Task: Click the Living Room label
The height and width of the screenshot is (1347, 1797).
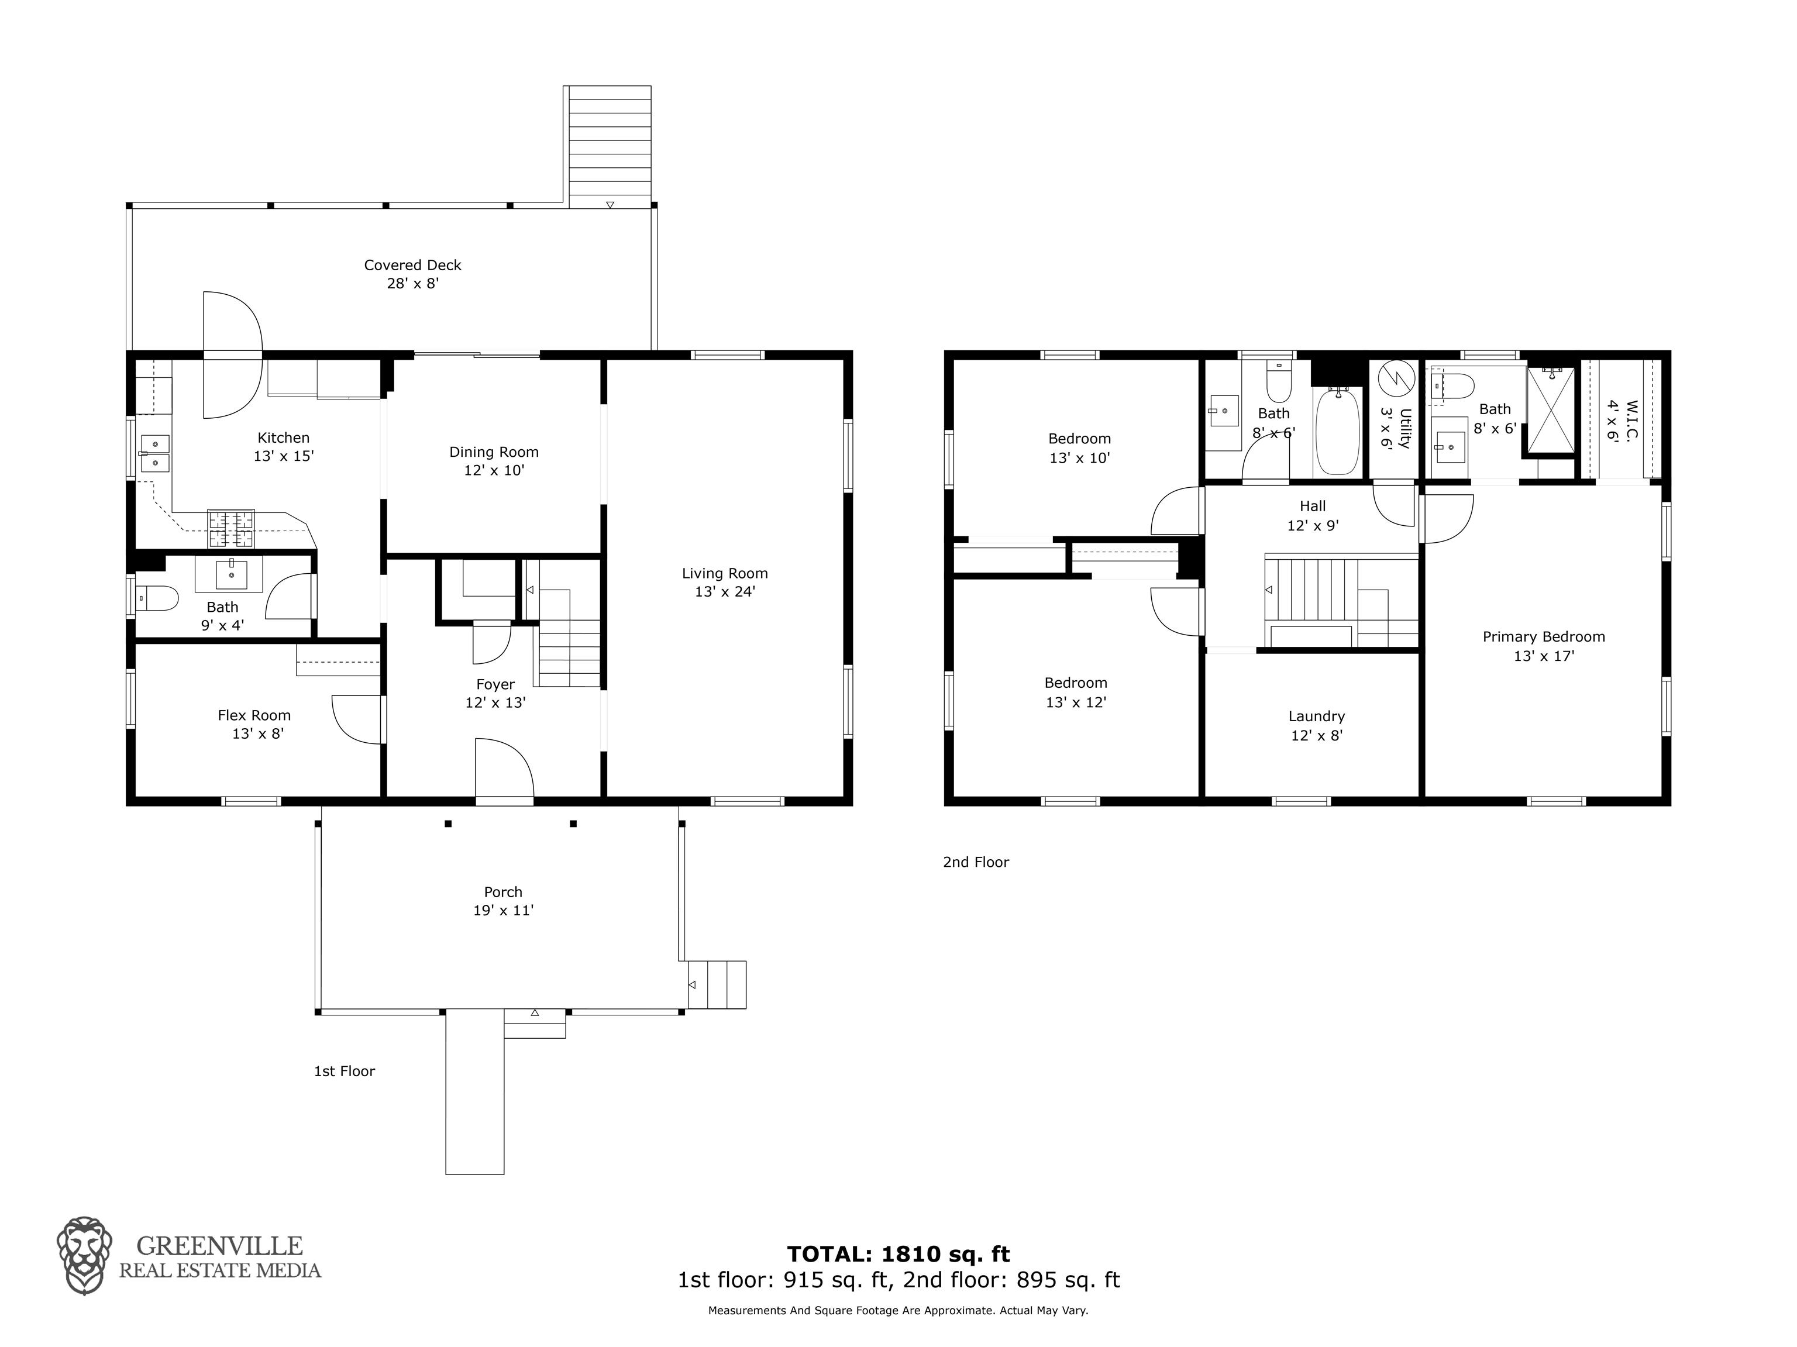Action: (x=725, y=574)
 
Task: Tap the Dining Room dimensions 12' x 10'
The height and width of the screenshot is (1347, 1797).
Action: (x=494, y=470)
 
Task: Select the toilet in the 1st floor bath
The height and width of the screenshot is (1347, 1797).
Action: (x=157, y=599)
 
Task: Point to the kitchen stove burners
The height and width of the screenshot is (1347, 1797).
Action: (x=232, y=528)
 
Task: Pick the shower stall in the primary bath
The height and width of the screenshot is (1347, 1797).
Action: (x=1551, y=410)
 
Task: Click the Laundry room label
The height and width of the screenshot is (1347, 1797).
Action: (x=1316, y=716)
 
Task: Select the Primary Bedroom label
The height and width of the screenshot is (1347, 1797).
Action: (x=1544, y=637)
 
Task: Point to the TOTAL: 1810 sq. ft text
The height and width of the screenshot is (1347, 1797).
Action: (x=898, y=1255)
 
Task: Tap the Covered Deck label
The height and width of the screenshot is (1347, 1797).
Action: (x=413, y=265)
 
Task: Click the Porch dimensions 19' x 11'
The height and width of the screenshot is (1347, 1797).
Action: (x=504, y=911)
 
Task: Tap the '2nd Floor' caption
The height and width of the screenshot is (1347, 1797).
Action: (x=976, y=862)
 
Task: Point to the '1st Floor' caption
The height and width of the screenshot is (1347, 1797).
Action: (x=345, y=1072)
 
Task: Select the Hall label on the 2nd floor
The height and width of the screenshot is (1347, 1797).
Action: (x=1313, y=506)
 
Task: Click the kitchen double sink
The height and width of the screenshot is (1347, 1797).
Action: (x=154, y=453)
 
